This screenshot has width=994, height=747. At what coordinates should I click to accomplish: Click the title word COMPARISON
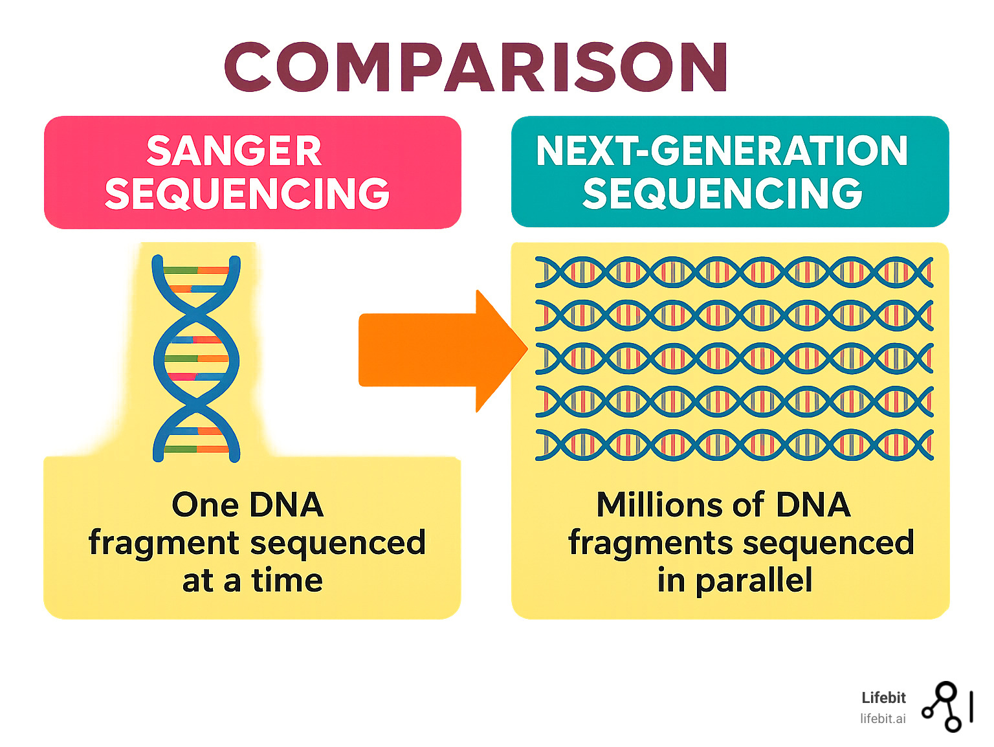[476, 67]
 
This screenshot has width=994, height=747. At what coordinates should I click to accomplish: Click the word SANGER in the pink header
[234, 151]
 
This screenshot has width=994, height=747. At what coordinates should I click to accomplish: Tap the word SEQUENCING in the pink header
[247, 194]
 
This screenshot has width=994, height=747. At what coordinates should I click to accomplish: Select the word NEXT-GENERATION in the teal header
[722, 151]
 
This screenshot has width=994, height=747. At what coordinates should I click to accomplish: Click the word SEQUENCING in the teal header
[722, 194]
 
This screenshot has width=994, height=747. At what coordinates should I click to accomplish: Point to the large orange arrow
[440, 350]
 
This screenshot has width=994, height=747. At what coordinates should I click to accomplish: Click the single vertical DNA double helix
[196, 358]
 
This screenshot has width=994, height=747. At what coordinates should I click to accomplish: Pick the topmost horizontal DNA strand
[734, 272]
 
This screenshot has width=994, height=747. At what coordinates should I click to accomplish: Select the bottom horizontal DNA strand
[734, 445]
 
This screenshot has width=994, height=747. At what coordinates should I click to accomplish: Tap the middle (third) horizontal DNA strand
[734, 359]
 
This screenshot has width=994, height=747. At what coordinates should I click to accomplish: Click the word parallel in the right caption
[754, 581]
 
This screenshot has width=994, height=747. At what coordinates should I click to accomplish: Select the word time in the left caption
[287, 581]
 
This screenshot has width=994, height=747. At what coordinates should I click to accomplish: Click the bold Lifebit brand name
[883, 698]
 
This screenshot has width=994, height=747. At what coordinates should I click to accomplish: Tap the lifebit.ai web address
[883, 719]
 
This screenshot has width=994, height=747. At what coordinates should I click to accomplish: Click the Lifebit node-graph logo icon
[946, 707]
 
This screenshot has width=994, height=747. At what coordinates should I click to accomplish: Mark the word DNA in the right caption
[813, 505]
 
